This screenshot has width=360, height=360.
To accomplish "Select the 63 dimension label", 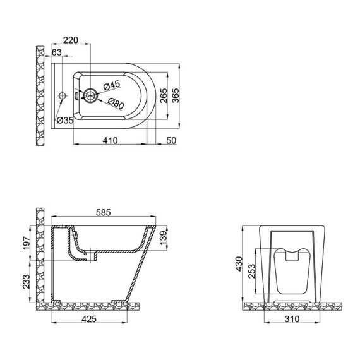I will (x=56, y=52).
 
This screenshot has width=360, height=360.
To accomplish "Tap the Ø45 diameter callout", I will (x=112, y=85).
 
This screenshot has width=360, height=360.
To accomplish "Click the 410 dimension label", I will (x=110, y=140).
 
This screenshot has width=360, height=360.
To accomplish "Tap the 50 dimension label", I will (x=170, y=140).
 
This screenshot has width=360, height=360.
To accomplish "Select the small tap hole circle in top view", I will (x=61, y=96).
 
